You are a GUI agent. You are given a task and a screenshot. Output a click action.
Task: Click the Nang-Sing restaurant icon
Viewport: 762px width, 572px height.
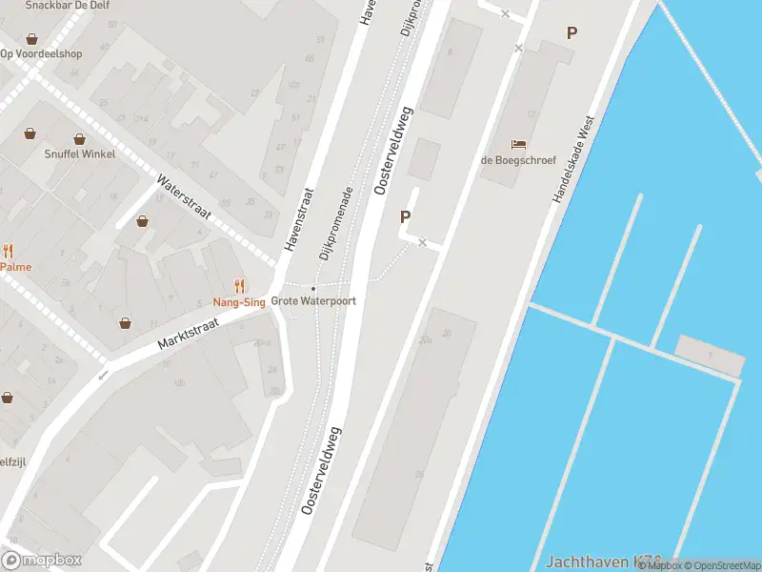(x=239, y=285)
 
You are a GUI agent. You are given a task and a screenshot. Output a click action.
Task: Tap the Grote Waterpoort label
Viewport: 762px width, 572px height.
(x=313, y=301)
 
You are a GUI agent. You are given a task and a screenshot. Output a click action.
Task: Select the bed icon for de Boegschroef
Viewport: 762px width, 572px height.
(x=518, y=144)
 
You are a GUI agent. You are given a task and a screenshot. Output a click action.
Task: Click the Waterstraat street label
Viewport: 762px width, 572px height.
(x=183, y=196)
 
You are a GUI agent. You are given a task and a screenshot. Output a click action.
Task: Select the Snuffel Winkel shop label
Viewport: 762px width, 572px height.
(x=80, y=154)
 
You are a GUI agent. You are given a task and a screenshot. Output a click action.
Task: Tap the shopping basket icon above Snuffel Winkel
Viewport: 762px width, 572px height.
(x=80, y=138)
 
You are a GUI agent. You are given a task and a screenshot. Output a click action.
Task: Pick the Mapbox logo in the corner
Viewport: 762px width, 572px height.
(x=42, y=561)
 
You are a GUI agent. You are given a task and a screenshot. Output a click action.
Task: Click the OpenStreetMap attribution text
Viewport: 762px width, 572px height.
(x=721, y=566)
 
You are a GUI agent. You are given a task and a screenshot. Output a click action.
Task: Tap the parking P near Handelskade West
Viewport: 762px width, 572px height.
(x=571, y=32)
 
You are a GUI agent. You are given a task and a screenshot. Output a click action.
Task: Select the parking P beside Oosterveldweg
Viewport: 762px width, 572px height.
(x=405, y=216)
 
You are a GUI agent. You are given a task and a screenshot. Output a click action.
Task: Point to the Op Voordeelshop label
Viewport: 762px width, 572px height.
(x=41, y=53)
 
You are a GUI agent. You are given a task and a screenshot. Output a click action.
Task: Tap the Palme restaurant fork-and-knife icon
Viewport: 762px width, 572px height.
(x=9, y=252)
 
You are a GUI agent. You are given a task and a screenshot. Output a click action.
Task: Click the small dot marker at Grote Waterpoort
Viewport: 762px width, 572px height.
(x=313, y=288)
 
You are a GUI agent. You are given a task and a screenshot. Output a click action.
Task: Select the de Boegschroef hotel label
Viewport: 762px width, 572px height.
(x=518, y=160)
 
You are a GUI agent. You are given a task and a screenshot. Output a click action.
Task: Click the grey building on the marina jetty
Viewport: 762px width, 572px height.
(x=709, y=355)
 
